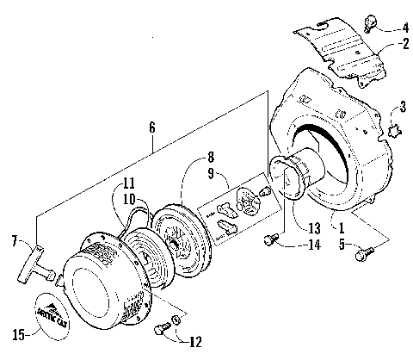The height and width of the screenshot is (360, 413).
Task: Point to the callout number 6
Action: point(152,127)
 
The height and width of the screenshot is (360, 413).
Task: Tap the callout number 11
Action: point(127,183)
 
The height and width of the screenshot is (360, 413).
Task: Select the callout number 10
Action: point(127,198)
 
